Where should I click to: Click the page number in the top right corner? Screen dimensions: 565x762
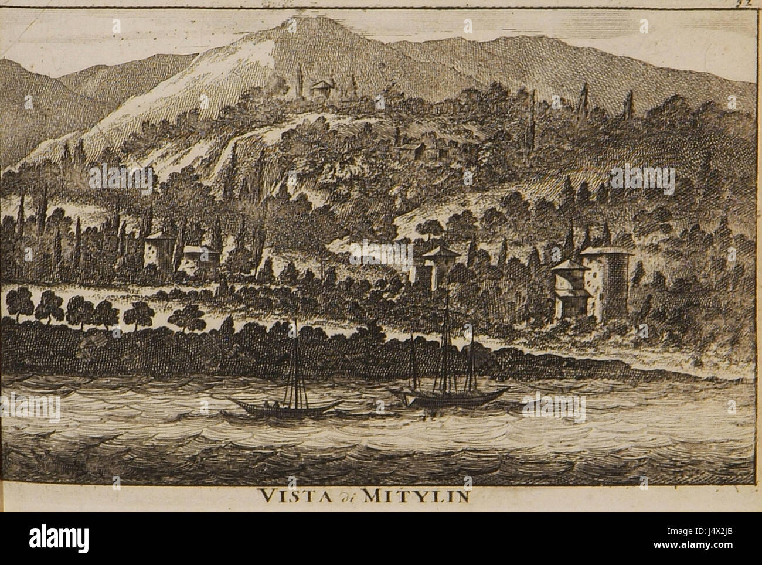pyautogui.click(x=750, y=2)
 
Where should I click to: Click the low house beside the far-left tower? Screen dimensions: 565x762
pyautogui.click(x=199, y=258)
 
